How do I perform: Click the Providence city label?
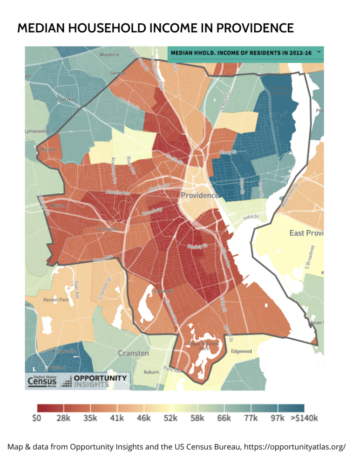[x=199, y=195]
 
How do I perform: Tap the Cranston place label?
[x=133, y=353]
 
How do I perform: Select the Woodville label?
[x=109, y=55]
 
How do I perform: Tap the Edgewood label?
[x=242, y=351]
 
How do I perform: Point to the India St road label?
[x=250, y=218]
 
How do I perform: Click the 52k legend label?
[x=170, y=418]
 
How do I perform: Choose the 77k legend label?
[x=251, y=418]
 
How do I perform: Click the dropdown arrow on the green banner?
[x=319, y=52]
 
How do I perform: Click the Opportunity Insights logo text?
[x=100, y=381]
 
